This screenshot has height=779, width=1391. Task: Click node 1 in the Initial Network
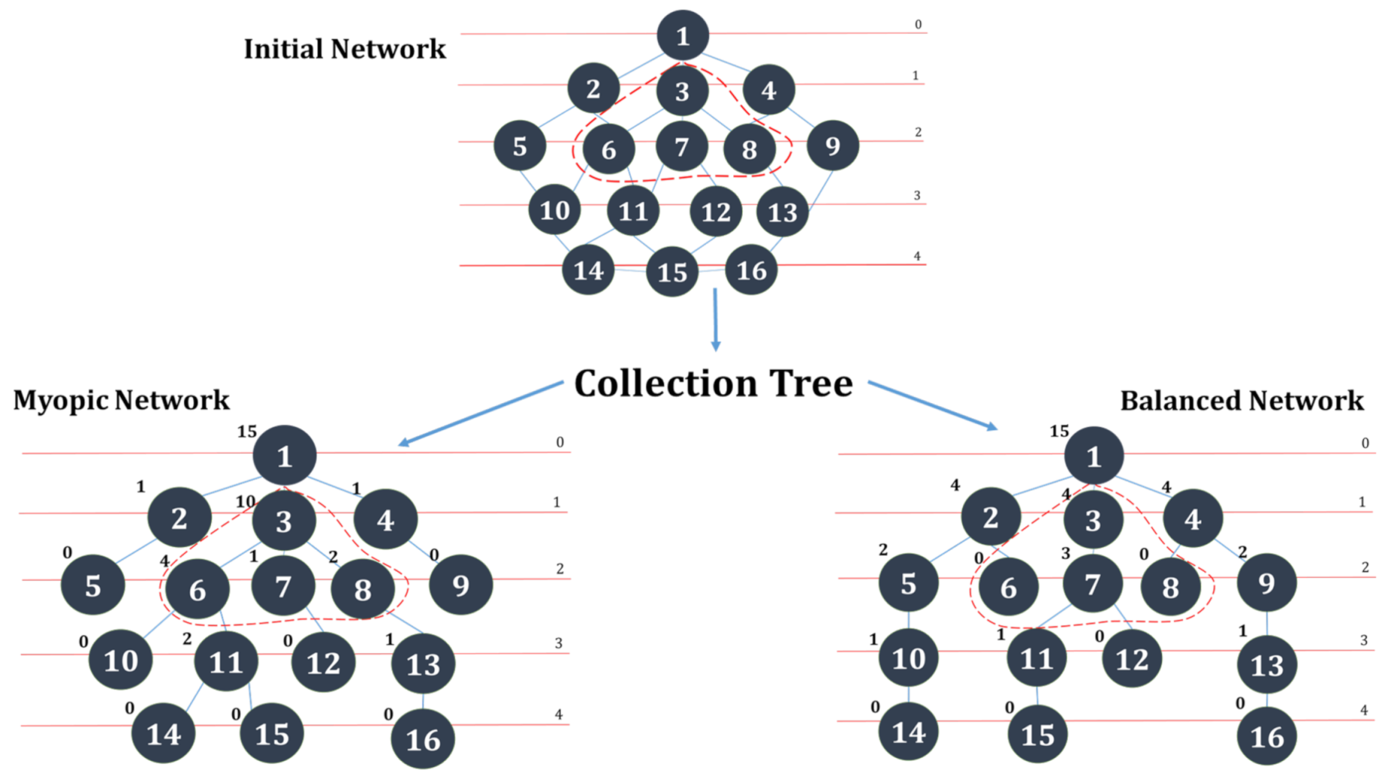[x=682, y=35]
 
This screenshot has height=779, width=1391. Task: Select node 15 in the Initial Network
[x=672, y=271]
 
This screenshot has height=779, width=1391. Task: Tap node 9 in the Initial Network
[x=832, y=145]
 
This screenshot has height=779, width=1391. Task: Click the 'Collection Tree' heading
[x=713, y=383]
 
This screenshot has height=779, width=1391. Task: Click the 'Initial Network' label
[x=344, y=49]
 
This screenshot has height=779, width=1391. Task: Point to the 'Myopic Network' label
[x=121, y=400]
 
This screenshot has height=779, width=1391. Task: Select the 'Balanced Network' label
[x=1241, y=401]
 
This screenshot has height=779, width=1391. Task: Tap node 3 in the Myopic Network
[x=283, y=521]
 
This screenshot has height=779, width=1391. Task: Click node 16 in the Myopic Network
[x=423, y=739]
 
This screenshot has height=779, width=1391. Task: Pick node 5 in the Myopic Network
[x=93, y=585]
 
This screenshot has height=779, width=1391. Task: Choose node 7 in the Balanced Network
[x=1092, y=584]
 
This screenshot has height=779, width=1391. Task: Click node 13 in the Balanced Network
[x=1266, y=664]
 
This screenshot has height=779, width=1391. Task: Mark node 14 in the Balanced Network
[x=908, y=732]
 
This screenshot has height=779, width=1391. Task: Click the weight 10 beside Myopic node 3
[x=246, y=502]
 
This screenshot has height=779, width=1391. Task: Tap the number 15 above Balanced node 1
[x=1059, y=431]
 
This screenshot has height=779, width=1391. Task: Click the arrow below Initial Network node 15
[x=715, y=320]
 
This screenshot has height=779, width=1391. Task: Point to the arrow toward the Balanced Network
[x=933, y=406]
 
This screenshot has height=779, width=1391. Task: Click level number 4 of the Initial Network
[x=917, y=256]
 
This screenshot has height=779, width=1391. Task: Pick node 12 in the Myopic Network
[x=323, y=662]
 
